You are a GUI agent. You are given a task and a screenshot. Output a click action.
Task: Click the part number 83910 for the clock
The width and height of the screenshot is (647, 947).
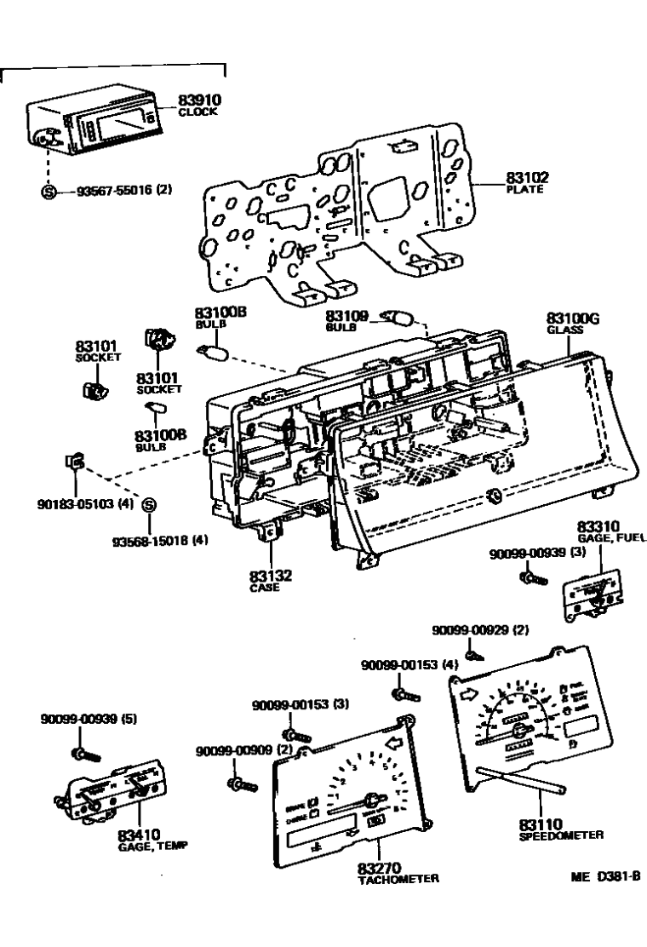(198, 101)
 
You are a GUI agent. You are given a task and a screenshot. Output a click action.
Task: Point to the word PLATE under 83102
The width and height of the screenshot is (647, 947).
(526, 189)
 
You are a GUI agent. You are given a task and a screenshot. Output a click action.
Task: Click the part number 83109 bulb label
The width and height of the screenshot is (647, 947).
(348, 316)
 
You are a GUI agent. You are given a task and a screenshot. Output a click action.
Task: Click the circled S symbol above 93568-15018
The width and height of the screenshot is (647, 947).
(148, 505)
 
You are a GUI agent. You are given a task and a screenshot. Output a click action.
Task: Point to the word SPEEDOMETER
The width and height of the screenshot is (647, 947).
(560, 835)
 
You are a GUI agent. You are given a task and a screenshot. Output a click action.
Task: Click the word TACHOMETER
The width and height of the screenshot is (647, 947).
(398, 879)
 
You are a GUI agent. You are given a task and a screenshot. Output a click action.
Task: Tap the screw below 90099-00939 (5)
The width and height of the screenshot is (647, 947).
(84, 753)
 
